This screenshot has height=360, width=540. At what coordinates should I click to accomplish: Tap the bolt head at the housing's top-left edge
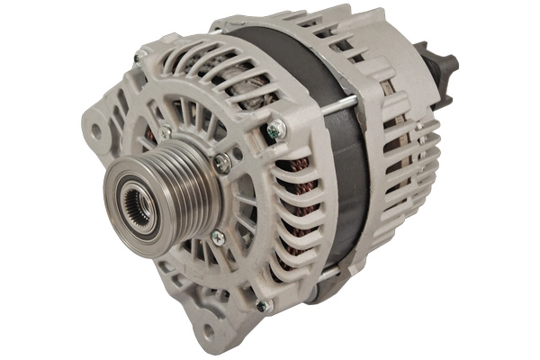pos(139,57)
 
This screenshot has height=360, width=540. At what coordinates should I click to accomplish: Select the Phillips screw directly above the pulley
pos(164,132)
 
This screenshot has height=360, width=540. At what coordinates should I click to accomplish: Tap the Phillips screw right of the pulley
pos(220,162)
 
